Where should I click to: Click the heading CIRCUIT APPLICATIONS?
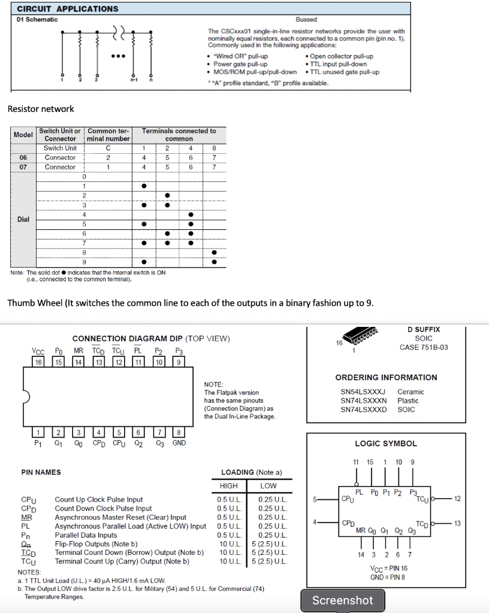(67, 9)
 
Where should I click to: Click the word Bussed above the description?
(306, 20)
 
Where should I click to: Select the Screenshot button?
(342, 600)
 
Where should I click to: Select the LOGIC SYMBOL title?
(386, 444)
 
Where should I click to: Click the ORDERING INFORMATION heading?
(386, 377)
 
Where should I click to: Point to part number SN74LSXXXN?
(363, 400)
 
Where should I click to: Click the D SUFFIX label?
(423, 329)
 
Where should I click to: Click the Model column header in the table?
(23, 135)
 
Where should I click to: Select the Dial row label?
(23, 219)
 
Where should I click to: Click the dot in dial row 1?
(144, 186)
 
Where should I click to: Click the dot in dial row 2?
(167, 196)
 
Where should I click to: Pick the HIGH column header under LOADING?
(229, 485)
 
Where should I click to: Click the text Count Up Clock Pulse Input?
(99, 499)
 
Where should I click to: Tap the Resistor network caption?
(41, 109)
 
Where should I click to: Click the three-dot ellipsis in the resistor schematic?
(117, 57)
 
